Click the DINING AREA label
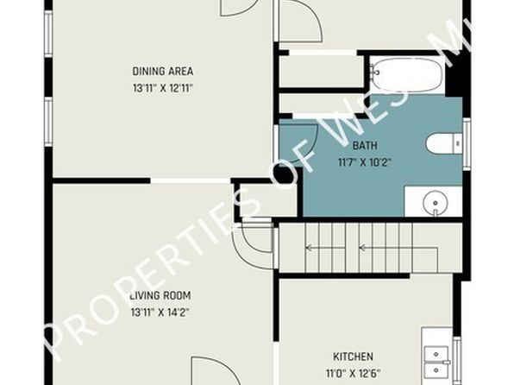163,72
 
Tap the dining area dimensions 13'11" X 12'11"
163,88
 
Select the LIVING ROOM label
160,295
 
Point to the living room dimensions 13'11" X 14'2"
160,312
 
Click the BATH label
365,145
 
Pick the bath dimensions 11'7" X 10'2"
365,162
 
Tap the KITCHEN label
353,357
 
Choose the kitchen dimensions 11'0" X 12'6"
353,373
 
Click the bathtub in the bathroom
407,75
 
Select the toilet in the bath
444,143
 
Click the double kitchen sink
436,363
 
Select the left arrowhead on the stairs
308,248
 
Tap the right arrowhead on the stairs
362,248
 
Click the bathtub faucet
374,70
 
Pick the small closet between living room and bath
268,200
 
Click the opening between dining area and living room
191,181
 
